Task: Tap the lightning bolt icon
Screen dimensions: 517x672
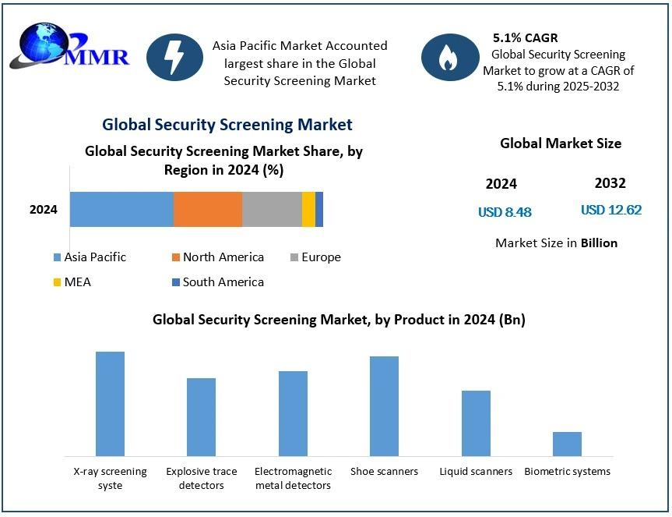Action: click(174, 58)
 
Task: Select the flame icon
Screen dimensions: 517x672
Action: click(449, 58)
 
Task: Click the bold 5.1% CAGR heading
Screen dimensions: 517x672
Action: click(525, 37)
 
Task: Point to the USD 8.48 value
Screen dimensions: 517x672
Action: click(505, 212)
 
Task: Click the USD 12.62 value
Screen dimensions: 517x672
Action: click(610, 211)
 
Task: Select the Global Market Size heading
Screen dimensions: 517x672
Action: click(560, 143)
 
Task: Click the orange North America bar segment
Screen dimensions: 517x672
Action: click(208, 209)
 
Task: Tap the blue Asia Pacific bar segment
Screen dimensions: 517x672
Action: click(121, 209)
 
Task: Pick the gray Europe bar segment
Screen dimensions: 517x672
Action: click(272, 209)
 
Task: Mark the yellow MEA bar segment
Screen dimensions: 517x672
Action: click(308, 209)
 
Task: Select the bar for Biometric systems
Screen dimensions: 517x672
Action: click(567, 444)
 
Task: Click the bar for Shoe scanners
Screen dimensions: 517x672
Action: click(384, 405)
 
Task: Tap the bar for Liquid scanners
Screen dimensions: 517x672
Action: click(476, 423)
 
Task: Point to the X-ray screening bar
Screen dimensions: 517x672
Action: click(110, 403)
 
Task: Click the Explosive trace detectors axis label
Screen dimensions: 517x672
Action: click(201, 478)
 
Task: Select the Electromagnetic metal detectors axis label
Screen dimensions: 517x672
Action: click(293, 478)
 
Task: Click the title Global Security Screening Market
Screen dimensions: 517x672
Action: click(227, 125)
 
